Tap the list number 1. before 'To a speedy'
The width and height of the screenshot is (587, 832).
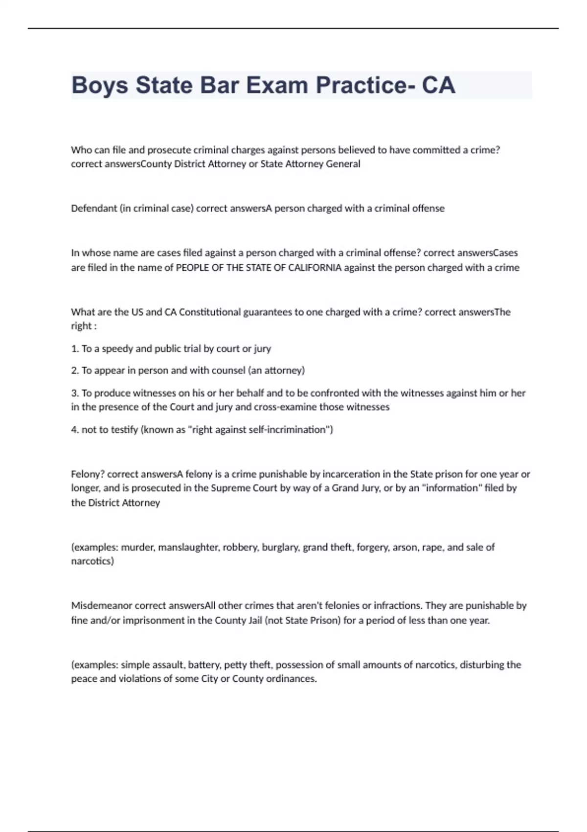(x=75, y=348)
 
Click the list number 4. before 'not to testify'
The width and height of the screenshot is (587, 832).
(x=75, y=430)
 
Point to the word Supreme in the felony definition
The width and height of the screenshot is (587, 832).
(x=228, y=488)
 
